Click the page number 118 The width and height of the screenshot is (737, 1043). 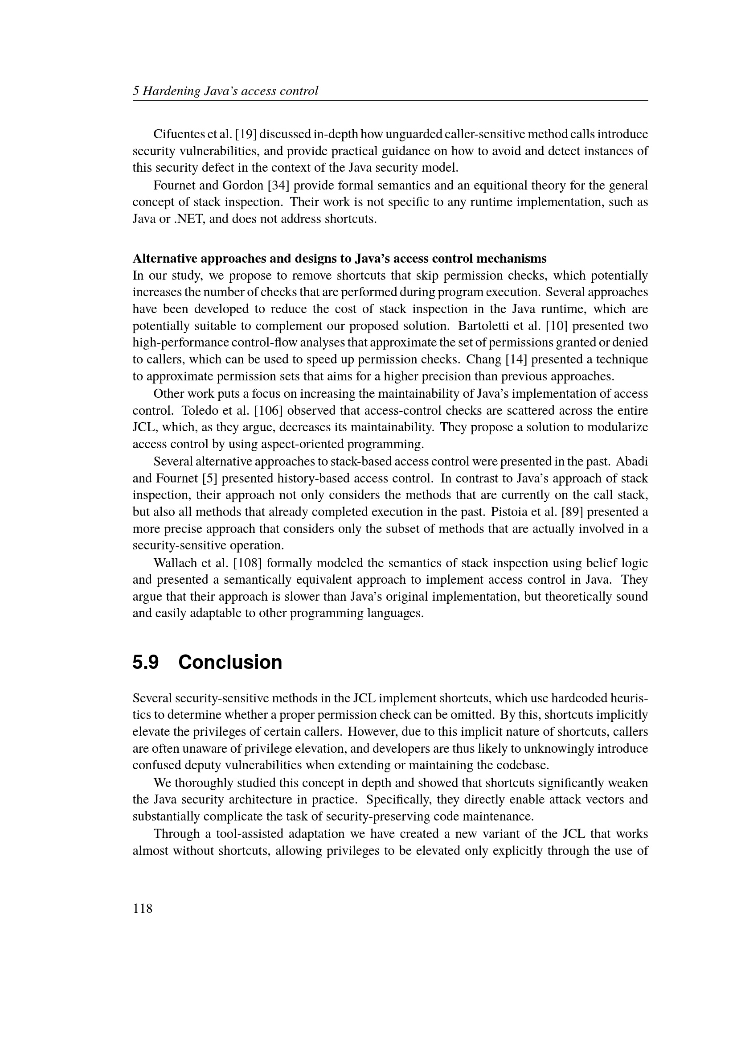pyautogui.click(x=143, y=908)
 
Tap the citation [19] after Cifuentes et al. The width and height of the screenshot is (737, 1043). pyautogui.click(x=246, y=134)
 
